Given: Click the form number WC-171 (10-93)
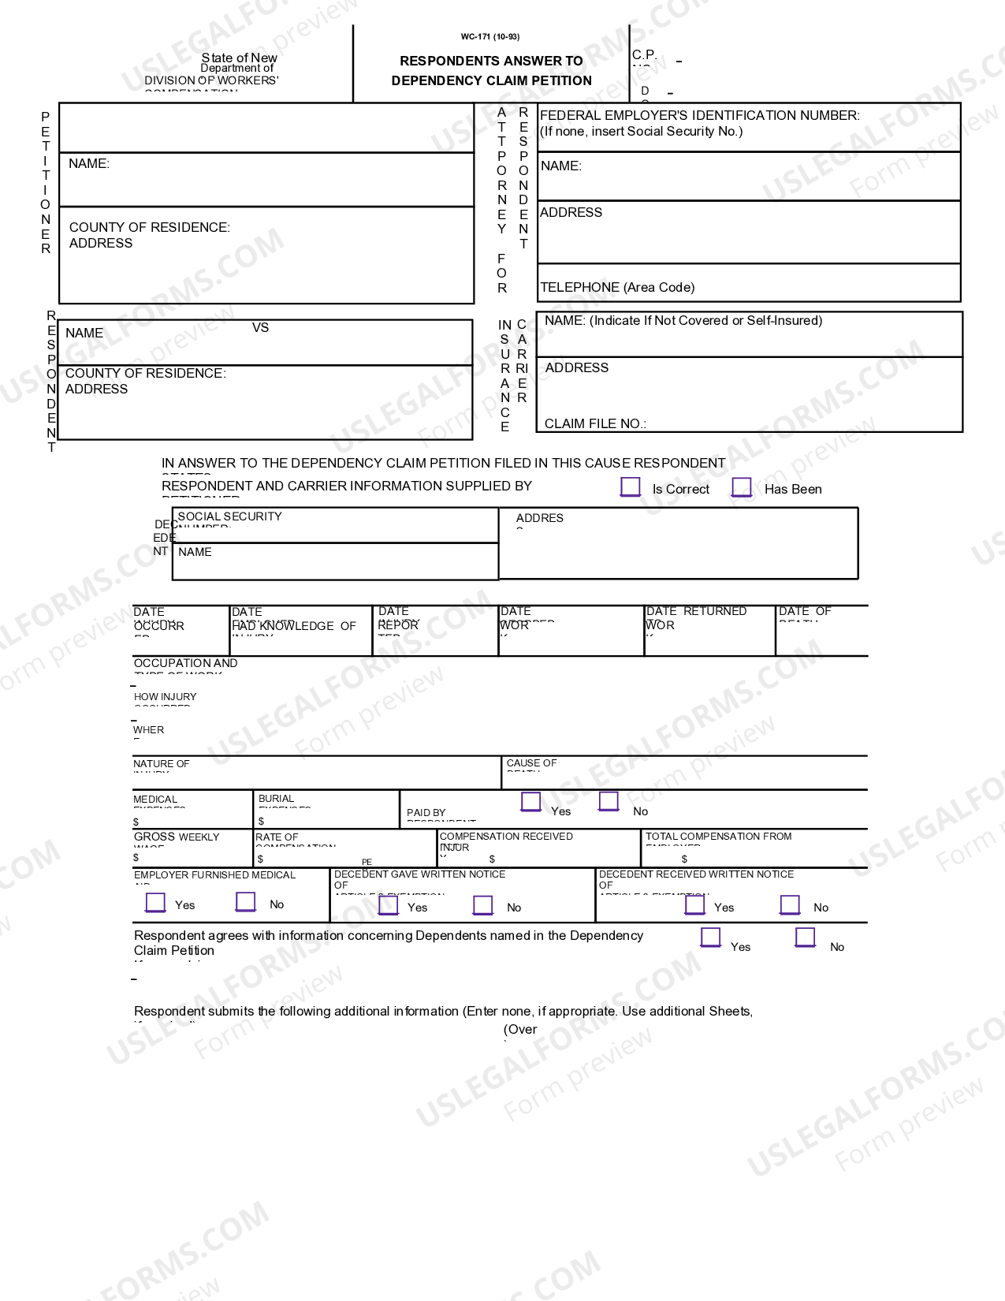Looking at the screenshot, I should pyautogui.click(x=490, y=36).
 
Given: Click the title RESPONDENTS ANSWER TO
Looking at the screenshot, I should pyautogui.click(x=491, y=61).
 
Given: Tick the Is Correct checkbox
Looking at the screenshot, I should pyautogui.click(x=631, y=487).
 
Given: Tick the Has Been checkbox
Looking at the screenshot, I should pyautogui.click(x=742, y=487).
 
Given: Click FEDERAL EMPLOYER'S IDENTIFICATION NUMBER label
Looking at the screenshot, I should pyautogui.click(x=699, y=115).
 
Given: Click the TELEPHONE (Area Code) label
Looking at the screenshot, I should pyautogui.click(x=617, y=287).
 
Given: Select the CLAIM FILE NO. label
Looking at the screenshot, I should pyautogui.click(x=595, y=423).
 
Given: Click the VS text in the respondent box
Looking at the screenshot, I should pyautogui.click(x=260, y=327).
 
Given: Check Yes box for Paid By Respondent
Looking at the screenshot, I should pyautogui.click(x=531, y=802).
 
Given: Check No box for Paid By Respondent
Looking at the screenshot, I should pyautogui.click(x=609, y=802).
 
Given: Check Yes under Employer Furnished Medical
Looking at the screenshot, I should pyautogui.click(x=156, y=902).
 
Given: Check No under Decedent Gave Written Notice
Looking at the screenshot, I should pyautogui.click(x=483, y=905).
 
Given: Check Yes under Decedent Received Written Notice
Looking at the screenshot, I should pyautogui.click(x=695, y=904).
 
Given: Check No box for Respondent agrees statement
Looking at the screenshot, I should pyautogui.click(x=805, y=937).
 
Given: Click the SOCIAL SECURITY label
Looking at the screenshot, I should pyautogui.click(x=229, y=516).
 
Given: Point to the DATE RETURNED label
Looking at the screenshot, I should pyautogui.click(x=696, y=611).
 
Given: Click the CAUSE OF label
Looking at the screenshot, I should pyautogui.click(x=531, y=763).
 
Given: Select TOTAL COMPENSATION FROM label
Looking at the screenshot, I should pyautogui.click(x=718, y=837).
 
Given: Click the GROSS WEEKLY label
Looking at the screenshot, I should pyautogui.click(x=177, y=837).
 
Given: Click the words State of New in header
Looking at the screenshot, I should pyautogui.click(x=239, y=58).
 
